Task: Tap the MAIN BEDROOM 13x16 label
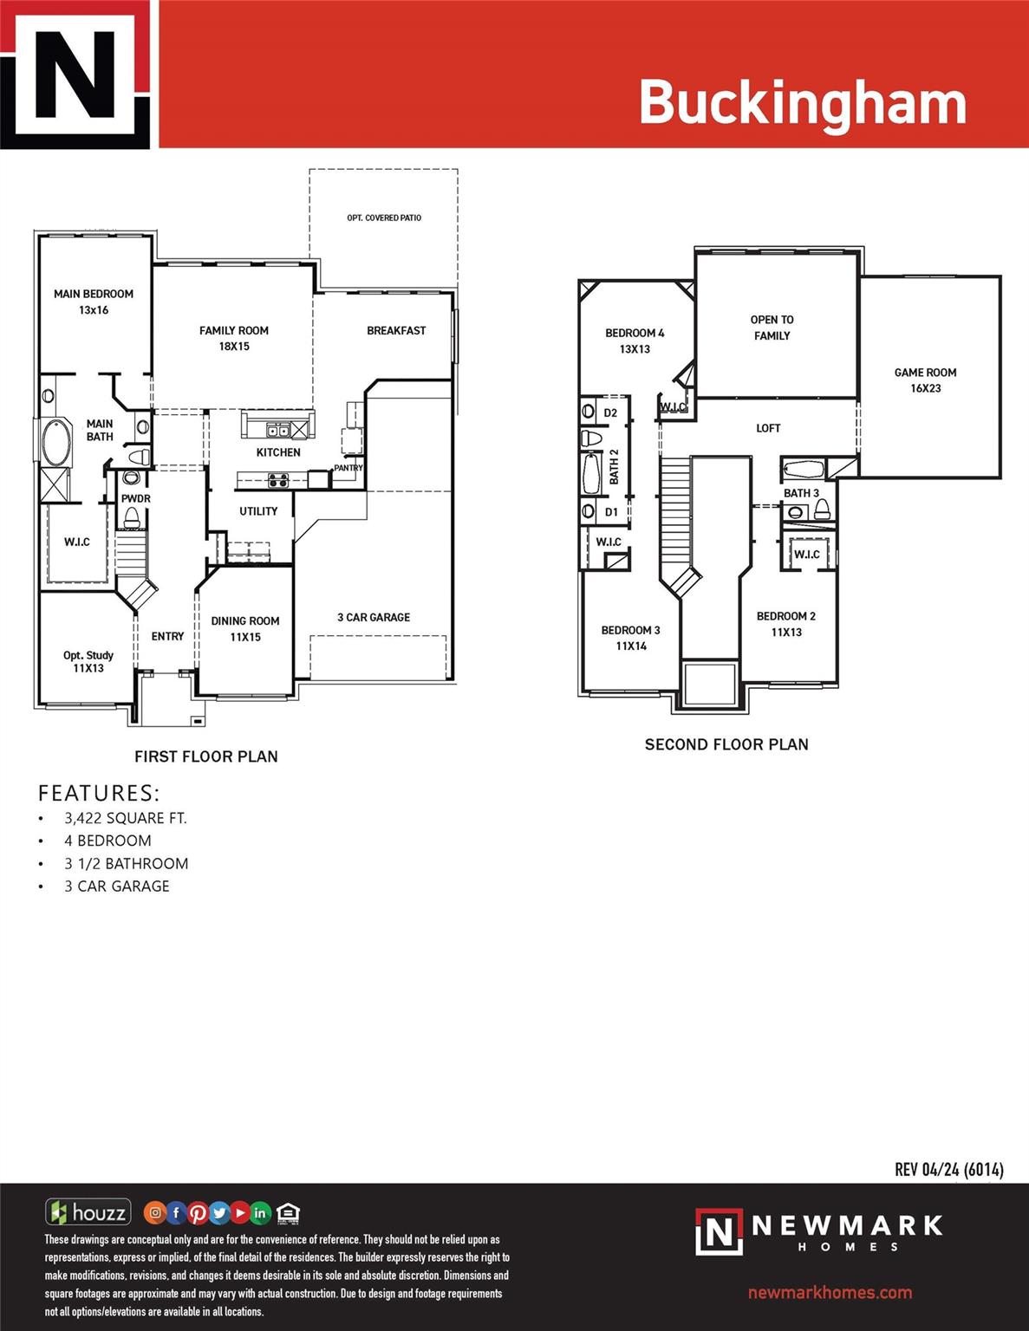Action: (x=94, y=302)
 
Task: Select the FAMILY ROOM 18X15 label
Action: (x=234, y=338)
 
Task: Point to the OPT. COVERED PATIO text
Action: (x=384, y=218)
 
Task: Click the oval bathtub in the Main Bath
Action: (x=55, y=440)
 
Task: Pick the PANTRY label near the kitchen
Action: (x=348, y=468)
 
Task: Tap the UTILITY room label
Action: (x=258, y=511)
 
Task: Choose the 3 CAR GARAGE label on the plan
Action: (x=374, y=618)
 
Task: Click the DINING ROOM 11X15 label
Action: (x=245, y=628)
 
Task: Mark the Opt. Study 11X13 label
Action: (x=88, y=661)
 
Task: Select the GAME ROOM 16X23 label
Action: (x=926, y=380)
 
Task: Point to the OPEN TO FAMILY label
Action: (x=772, y=328)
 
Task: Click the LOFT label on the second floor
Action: (x=768, y=428)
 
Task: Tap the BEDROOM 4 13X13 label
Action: (x=635, y=341)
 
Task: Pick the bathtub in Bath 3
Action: (x=803, y=470)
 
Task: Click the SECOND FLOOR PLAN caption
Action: (x=726, y=744)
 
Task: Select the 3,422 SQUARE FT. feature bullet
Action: (x=126, y=818)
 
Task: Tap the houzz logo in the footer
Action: (x=88, y=1212)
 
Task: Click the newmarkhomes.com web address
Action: (x=830, y=1292)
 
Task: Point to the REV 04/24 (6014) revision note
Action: (x=949, y=1170)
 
